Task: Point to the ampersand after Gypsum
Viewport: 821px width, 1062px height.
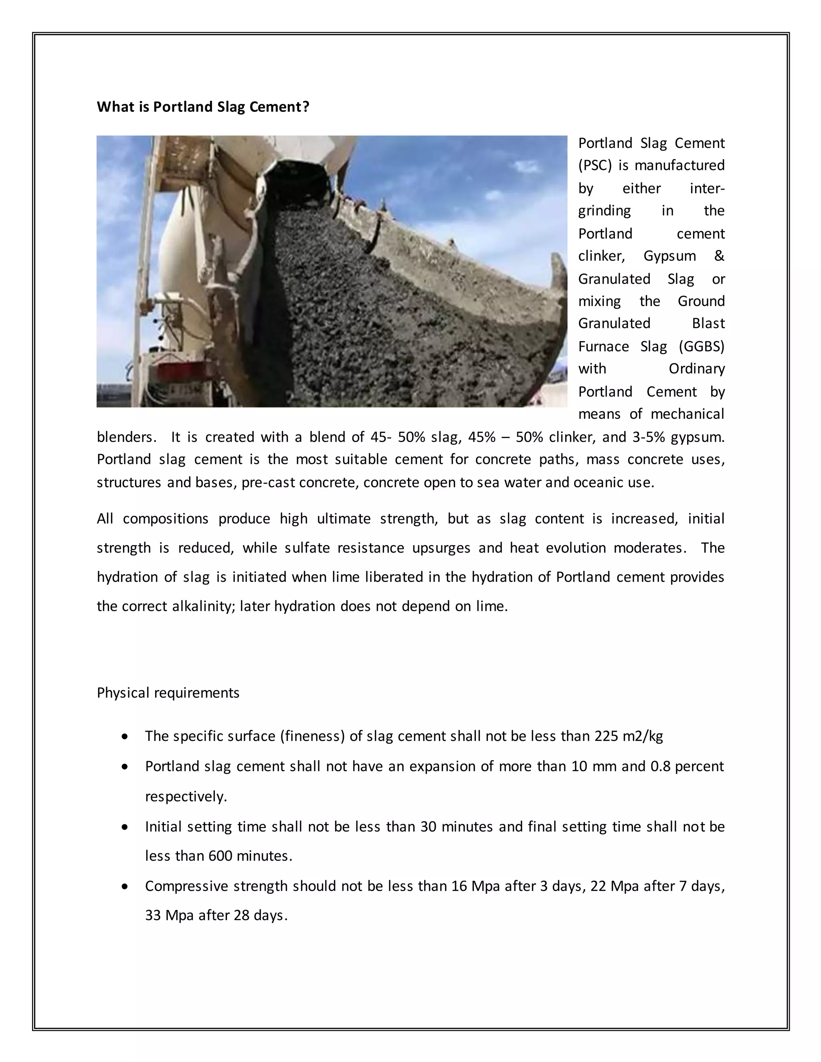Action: [x=719, y=256]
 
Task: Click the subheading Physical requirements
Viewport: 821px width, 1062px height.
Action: [x=168, y=693]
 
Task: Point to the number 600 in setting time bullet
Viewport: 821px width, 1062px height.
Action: [x=220, y=856]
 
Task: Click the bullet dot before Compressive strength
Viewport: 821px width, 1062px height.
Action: [x=125, y=887]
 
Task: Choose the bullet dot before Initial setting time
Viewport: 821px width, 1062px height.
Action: [x=125, y=827]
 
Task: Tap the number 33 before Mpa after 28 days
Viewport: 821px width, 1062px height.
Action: [x=153, y=916]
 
